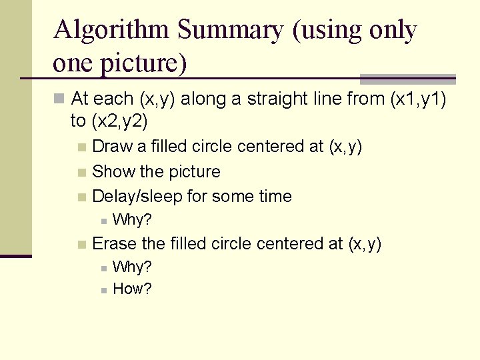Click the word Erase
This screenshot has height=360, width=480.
coord(115,244)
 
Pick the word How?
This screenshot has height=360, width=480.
coord(133,289)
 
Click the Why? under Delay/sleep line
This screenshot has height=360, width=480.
coord(133,219)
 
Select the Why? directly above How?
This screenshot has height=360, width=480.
coord(133,267)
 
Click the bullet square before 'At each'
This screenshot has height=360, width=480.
coord(59,99)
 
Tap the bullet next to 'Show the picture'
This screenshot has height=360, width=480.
coord(81,173)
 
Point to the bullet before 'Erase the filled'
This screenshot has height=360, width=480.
coord(81,245)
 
